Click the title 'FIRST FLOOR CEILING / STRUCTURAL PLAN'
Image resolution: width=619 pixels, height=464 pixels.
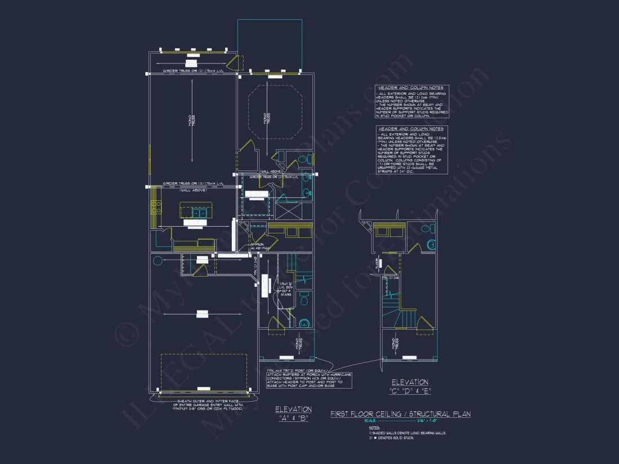pos(400,414)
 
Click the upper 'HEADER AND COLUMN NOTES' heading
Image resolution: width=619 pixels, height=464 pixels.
pos(410,88)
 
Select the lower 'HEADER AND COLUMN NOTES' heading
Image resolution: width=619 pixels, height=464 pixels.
pos(410,129)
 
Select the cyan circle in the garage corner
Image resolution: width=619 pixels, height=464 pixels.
pos(158,260)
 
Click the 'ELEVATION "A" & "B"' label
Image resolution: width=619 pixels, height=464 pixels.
pos(293,413)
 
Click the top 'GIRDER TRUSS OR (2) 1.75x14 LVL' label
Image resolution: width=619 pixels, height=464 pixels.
pos(192,71)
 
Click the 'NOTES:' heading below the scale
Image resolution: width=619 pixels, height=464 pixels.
pos(375,427)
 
